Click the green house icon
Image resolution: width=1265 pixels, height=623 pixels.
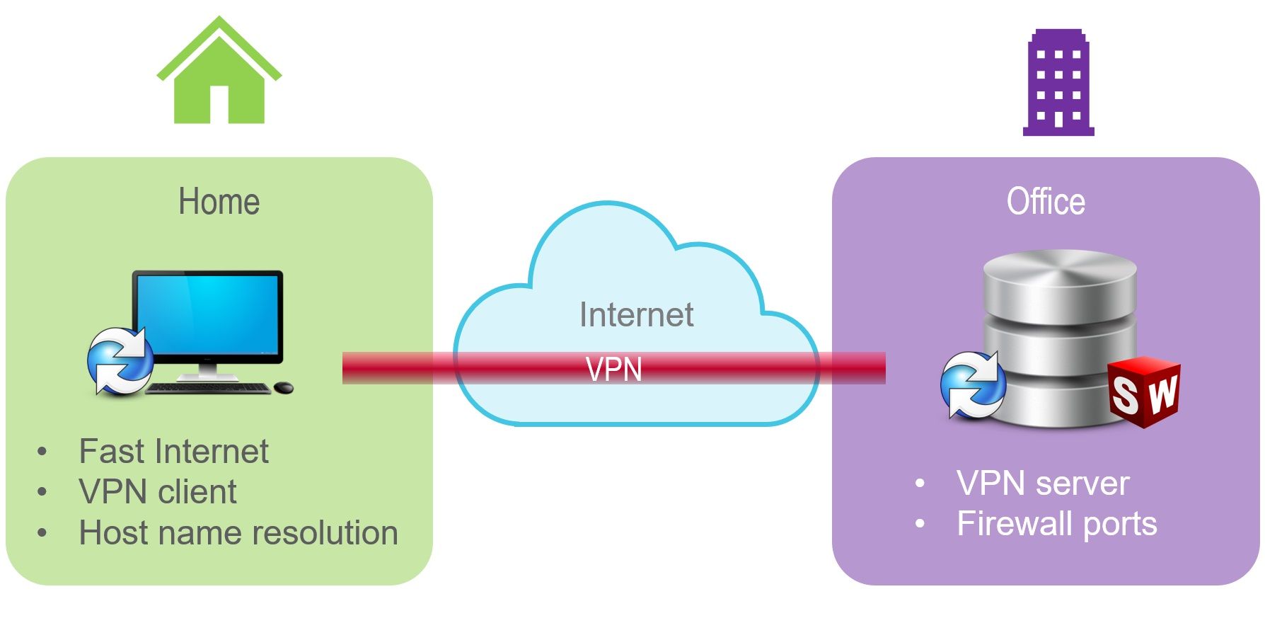pos(219,78)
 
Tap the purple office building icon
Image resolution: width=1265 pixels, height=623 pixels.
pos(1058,84)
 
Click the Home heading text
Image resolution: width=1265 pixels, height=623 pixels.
pos(219,202)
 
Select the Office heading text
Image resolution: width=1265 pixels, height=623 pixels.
pos(1046,202)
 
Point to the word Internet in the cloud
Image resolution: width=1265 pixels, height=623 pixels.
pos(636,315)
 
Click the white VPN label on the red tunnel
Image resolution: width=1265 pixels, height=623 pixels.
pos(614,370)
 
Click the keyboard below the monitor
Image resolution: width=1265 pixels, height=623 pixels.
pos(208,388)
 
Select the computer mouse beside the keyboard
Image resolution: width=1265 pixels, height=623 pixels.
pos(284,387)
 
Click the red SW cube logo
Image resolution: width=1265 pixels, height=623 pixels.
pos(1143,391)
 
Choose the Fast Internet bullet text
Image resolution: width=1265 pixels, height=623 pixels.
pos(174,451)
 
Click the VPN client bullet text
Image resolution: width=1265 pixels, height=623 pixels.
pos(158,491)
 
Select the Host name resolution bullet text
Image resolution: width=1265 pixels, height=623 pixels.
pos(238,532)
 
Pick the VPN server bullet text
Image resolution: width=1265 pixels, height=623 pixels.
pos(1043,484)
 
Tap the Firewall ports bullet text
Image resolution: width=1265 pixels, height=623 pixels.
pos(1057,524)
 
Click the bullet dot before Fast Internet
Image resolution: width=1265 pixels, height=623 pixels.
pos(42,452)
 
